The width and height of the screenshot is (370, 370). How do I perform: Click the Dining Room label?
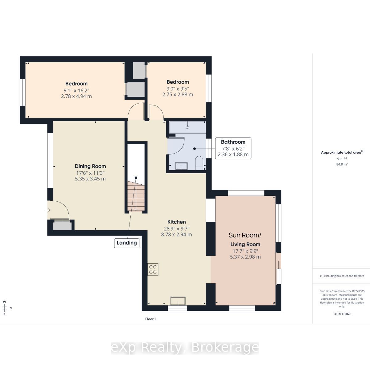point(90,166)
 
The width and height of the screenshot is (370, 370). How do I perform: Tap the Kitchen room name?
point(176,222)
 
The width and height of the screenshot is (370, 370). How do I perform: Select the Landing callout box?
point(127,243)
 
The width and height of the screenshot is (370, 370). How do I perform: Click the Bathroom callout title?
point(233,142)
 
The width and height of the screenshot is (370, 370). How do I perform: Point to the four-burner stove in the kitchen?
point(153,269)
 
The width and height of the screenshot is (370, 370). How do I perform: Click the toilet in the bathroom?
point(199,163)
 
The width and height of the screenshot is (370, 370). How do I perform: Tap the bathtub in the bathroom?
point(187,127)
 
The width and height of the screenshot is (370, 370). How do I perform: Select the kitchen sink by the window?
point(178,301)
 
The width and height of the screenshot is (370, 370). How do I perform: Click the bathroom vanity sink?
point(181,166)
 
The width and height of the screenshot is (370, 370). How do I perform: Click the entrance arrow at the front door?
point(47,210)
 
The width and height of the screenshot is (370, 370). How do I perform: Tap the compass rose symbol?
point(5,308)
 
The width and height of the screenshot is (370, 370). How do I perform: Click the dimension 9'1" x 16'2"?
point(76,90)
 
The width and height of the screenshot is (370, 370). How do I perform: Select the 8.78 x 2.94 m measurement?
point(176,234)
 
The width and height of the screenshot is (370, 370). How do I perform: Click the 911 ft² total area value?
point(342,159)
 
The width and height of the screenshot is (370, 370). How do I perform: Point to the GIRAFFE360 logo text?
point(342,314)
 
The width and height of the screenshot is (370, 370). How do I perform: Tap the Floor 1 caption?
point(150,319)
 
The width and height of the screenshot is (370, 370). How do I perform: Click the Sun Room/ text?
point(245,235)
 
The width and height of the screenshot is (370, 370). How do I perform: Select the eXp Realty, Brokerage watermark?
point(185,347)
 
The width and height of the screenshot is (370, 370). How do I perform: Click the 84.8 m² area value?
point(342,164)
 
